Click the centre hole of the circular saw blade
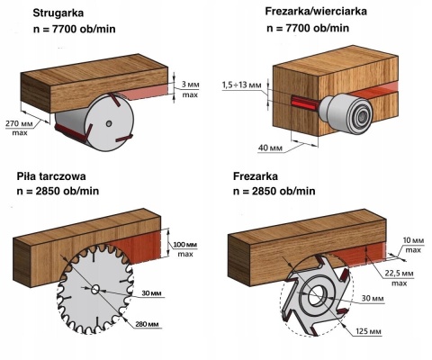(94, 289)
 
